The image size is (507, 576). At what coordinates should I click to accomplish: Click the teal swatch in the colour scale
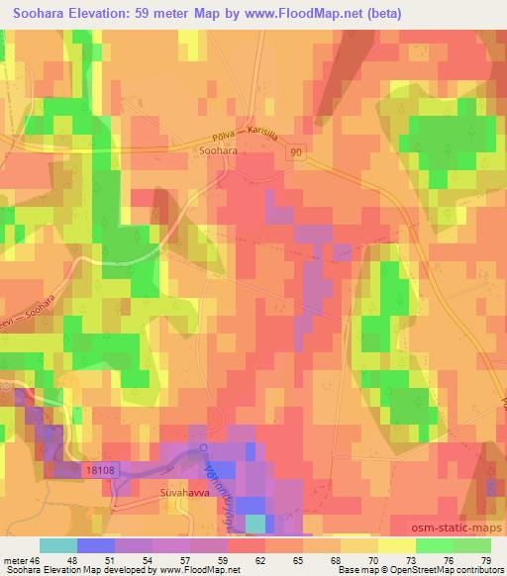coord(57,546)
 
